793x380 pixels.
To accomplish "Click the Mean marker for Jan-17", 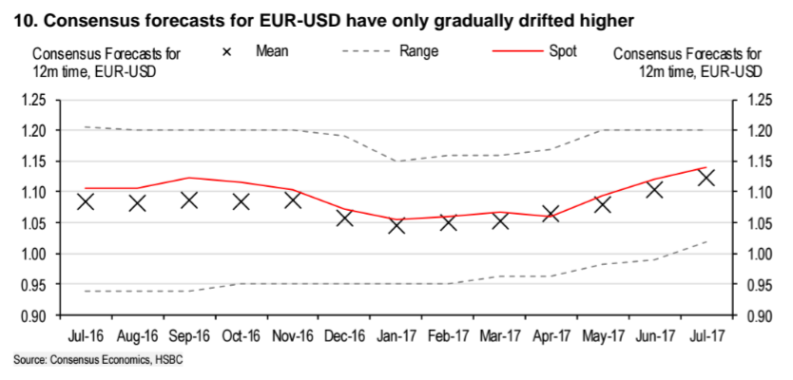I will [396, 225].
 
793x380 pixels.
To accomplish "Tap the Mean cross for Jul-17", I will [706, 178].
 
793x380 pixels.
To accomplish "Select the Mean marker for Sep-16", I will [188, 200].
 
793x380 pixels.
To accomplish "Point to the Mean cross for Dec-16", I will [344, 218].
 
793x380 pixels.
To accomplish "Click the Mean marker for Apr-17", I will [551, 215].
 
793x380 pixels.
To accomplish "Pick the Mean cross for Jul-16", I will [86, 201].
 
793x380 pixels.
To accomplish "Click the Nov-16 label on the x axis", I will [293, 336].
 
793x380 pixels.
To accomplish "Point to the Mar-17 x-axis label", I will [499, 336].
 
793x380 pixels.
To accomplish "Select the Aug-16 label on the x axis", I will [137, 336].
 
